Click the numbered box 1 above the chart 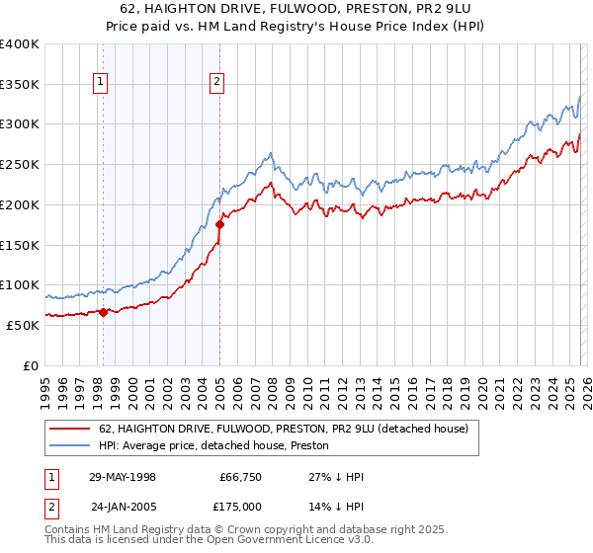101,84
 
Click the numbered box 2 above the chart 216,84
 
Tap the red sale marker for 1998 103,312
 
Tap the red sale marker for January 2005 219,225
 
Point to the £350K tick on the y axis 20,85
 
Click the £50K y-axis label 23,325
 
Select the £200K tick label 20,205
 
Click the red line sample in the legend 70,429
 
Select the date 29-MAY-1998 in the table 123,477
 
